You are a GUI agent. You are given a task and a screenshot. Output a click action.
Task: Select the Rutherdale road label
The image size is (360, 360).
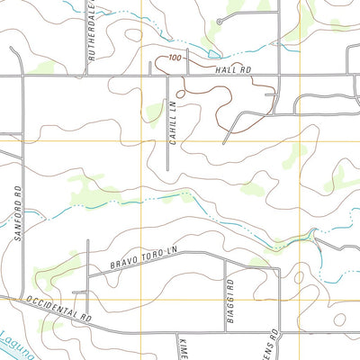[x=90, y=41]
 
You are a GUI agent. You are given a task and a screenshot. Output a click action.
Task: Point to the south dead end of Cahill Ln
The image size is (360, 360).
[x=169, y=169]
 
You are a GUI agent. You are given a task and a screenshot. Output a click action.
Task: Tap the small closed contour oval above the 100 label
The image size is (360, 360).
[x=133, y=35]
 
